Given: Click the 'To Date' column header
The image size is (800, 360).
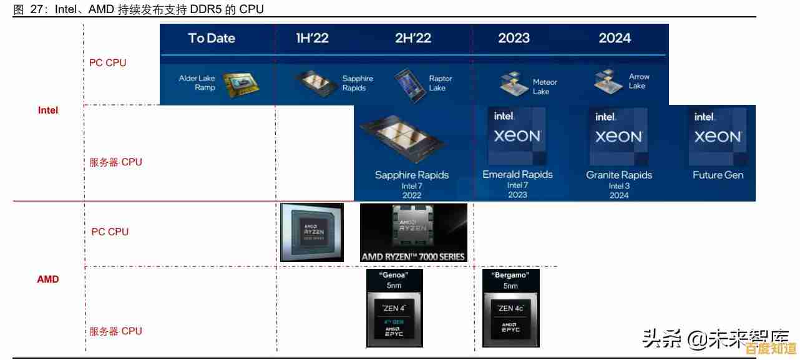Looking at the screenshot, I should point(212,38).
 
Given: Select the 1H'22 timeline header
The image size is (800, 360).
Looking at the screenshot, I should point(312,38).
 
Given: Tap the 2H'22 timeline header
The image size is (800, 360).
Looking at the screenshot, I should point(413,38).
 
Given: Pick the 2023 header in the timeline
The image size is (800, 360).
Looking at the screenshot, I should point(514,38).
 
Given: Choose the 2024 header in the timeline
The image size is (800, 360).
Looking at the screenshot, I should point(615,38).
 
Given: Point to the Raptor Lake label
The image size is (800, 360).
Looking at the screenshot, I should point(440,84).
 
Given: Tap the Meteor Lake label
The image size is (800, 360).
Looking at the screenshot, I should point(544,87).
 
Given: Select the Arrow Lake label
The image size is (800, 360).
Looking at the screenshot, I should point(638,81).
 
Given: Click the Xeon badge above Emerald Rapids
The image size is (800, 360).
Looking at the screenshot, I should point(517,136).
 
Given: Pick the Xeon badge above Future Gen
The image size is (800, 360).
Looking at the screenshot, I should point(718,136).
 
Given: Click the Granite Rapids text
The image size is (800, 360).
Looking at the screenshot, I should point(618,175).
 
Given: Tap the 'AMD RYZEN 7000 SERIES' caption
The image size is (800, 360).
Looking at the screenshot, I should point(413,256).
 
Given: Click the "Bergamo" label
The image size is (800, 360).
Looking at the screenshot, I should point(510,275).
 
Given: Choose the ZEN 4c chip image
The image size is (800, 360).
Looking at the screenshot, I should point(510,317).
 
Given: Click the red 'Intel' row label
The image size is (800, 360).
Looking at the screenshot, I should point(48,110).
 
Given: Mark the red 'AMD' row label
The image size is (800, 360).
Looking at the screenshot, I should point(48,280).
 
